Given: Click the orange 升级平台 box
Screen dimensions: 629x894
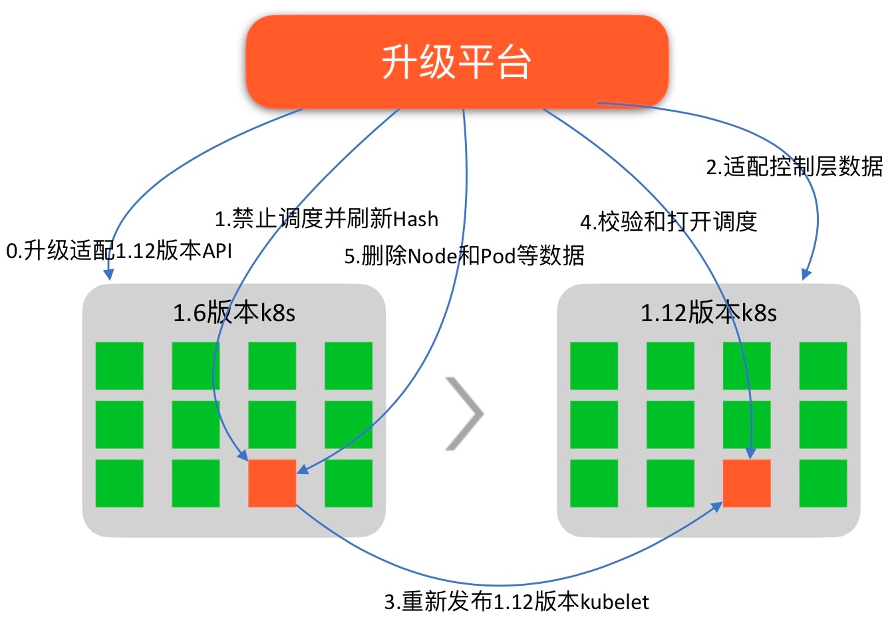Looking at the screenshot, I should pos(457,62).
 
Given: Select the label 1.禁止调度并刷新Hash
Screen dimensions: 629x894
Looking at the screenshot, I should pos(326,218).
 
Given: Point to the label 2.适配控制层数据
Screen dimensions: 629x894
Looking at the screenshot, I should pos(794,166).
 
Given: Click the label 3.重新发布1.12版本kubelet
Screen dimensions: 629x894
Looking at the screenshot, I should pos(516,602).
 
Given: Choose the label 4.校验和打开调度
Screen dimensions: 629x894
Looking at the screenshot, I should pos(669,221).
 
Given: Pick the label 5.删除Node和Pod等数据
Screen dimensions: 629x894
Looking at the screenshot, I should pos(464,255).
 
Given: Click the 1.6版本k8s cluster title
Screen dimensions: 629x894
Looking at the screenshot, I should pos(233,313).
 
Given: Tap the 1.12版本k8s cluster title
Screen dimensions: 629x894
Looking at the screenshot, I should pos(708,313).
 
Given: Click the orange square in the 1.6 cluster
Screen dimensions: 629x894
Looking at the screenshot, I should pos(272,483).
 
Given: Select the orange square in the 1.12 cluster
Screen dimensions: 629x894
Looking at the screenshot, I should pos(746,483).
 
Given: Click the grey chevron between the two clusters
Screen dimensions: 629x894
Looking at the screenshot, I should pos(464,414).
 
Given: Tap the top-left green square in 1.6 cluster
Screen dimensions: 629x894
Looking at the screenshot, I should pos(120,366).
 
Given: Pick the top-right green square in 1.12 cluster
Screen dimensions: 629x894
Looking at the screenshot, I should pos(823,366).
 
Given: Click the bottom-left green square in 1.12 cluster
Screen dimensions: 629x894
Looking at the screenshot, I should pos(594,483).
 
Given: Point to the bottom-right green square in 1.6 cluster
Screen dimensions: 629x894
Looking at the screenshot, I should pos(349,483).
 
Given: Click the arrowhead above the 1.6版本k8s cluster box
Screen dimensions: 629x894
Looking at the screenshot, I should pos(109,274).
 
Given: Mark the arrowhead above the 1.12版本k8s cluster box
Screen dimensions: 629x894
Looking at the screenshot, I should pos(806,273).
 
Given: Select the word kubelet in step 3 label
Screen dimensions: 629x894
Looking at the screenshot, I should pos(615,602).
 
